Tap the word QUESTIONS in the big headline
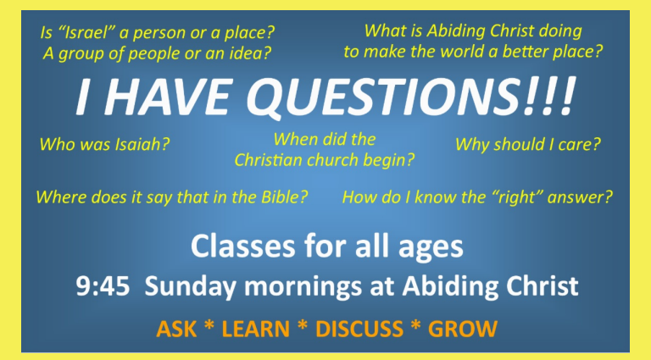(x=386, y=98)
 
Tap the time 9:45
(x=103, y=285)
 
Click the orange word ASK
(x=176, y=329)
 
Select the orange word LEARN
(x=256, y=329)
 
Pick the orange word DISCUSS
(x=359, y=329)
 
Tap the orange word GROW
(x=463, y=329)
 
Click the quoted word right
(x=517, y=197)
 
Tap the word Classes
(x=244, y=246)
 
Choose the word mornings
(x=303, y=287)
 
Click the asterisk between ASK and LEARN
(x=209, y=325)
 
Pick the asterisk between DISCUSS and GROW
(x=415, y=325)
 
